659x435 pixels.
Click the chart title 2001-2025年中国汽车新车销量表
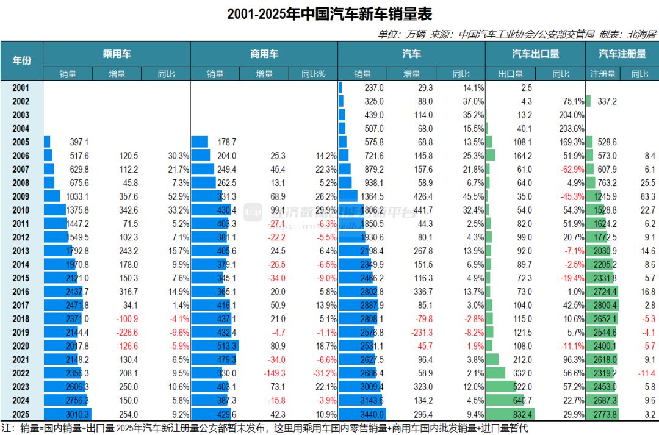tap(329, 14)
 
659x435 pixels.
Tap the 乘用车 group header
tap(117, 54)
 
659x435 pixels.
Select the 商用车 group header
tap(264, 54)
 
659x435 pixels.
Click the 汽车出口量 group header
tap(535, 54)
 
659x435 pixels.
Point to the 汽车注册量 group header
tap(622, 54)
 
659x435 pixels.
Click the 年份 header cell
tap(21, 60)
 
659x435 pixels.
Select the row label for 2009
tap(21, 196)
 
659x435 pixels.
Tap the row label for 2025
tap(21, 414)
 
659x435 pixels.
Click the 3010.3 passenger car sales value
tap(77, 414)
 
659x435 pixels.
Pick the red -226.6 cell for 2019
tap(126, 333)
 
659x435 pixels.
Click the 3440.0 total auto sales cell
tap(372, 414)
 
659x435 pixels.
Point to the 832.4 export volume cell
tap(520, 414)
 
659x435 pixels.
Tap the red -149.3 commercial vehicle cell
tap(273, 373)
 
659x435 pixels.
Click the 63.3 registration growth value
tap(647, 196)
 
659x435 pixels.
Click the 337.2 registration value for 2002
tap(604, 101)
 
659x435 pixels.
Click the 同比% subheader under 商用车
tap(314, 74)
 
